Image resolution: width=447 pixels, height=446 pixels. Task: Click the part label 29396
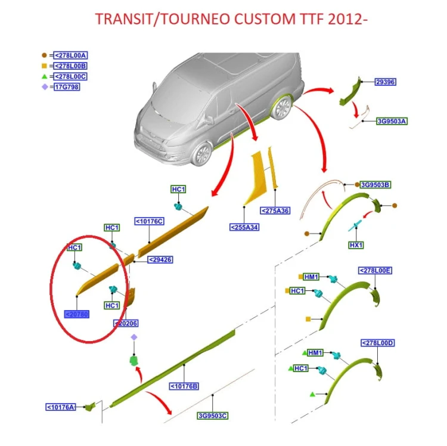(x=386, y=82)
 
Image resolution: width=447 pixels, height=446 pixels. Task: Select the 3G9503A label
(x=392, y=121)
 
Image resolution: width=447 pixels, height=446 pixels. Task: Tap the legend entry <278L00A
(x=70, y=55)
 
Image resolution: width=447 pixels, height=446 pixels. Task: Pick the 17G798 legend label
(x=67, y=87)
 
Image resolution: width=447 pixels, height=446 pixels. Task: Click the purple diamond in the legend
(x=45, y=86)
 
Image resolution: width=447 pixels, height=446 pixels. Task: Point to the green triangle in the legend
(x=44, y=76)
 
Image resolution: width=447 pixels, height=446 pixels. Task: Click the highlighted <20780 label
(x=77, y=314)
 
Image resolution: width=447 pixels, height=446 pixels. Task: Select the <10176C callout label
(x=150, y=221)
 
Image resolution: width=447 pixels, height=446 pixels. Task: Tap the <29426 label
(x=160, y=260)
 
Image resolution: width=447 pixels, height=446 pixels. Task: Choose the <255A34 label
(x=244, y=227)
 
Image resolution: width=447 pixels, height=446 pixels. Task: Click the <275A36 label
(x=275, y=210)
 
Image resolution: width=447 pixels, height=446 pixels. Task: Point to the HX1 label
(x=356, y=245)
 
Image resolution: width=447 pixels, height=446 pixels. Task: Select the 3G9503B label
(x=375, y=185)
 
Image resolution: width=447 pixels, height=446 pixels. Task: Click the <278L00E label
(x=375, y=271)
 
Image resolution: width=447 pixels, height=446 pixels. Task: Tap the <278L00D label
(x=378, y=343)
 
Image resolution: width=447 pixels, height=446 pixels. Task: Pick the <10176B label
(x=184, y=386)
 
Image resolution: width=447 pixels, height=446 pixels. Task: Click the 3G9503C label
(x=213, y=416)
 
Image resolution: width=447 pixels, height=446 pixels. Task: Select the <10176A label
(x=61, y=407)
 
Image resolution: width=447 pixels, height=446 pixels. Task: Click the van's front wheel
(x=202, y=154)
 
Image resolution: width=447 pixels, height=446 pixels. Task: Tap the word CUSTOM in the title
(x=265, y=19)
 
